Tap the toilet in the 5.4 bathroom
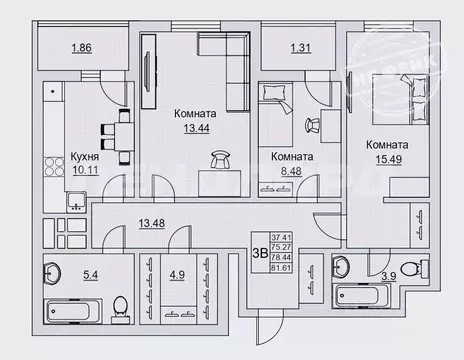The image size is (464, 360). point(119,304)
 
